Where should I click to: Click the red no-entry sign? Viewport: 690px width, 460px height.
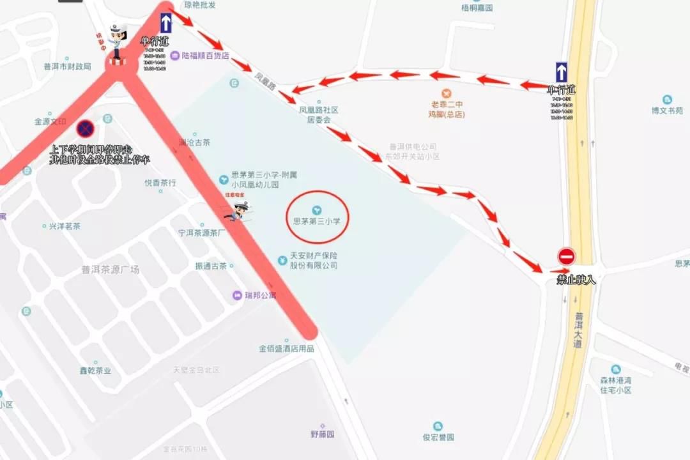click(566, 256)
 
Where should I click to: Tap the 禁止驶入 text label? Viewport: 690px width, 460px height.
click(576, 280)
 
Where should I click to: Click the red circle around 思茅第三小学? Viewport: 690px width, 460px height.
click(317, 217)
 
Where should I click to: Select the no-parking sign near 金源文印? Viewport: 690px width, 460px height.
click(86, 130)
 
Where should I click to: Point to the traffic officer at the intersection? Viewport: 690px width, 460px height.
click(116, 42)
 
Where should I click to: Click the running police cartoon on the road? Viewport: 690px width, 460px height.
click(239, 210)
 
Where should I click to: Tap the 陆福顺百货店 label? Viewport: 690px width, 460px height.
click(205, 56)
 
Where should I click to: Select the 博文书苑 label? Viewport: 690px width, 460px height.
click(668, 110)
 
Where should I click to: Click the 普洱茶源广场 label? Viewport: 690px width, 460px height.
click(111, 270)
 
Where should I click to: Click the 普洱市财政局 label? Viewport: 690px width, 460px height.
click(67, 66)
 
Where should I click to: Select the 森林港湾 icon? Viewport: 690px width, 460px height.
click(615, 369)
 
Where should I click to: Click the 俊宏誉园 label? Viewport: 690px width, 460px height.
click(438, 438)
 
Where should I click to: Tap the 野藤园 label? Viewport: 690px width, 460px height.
click(323, 434)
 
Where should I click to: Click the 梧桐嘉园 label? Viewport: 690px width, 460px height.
click(477, 8)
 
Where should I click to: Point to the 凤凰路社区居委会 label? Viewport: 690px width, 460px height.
click(319, 114)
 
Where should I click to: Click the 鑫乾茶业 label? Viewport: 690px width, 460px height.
click(95, 371)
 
